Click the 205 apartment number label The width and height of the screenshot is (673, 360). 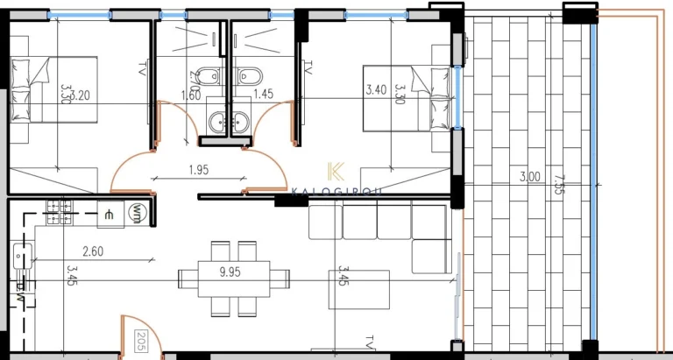pos(141,342)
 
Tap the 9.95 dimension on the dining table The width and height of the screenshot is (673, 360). pos(230,272)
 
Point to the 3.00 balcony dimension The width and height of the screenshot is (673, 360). pos(529,177)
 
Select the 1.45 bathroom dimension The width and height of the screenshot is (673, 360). pos(261,93)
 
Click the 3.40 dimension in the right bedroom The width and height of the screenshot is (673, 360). pos(376,89)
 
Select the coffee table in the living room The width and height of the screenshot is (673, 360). pos(358,289)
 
